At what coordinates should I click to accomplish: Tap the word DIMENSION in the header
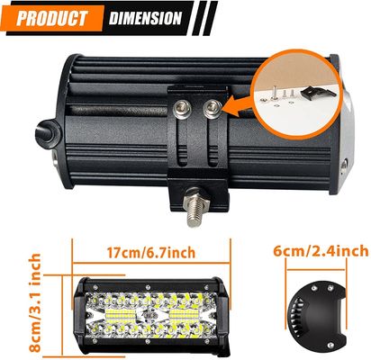144,18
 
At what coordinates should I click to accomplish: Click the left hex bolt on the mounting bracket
185,108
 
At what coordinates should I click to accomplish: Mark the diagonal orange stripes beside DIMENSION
204,18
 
